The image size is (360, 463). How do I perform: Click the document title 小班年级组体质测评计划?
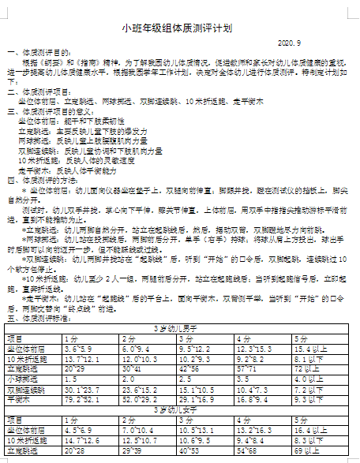tap(177, 28)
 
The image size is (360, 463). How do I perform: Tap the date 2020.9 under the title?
tap(290, 43)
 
